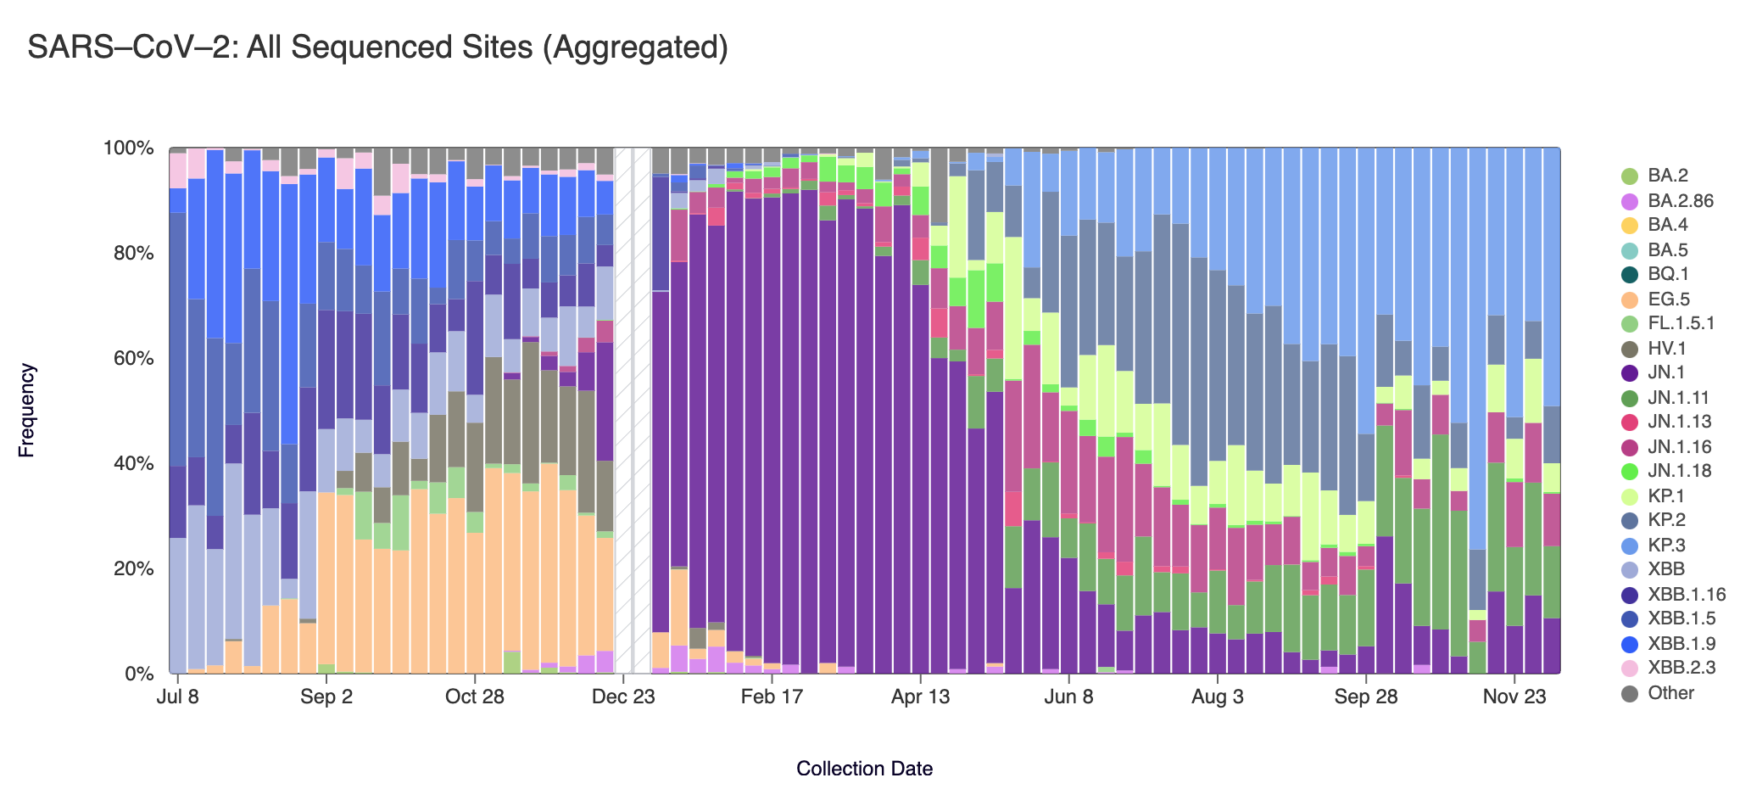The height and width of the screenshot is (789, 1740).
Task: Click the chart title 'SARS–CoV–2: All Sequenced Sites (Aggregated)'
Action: point(377,48)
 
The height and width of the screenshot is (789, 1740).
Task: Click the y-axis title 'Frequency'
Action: point(27,411)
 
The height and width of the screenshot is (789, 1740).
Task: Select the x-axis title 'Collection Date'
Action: point(864,769)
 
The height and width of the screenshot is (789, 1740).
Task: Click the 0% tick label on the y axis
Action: point(137,674)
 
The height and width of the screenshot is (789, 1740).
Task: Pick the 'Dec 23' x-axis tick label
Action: point(623,697)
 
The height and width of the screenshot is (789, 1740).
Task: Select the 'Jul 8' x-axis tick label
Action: point(177,697)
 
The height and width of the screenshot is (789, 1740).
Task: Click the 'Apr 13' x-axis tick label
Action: point(920,697)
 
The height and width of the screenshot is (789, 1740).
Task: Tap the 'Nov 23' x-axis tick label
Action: point(1514,697)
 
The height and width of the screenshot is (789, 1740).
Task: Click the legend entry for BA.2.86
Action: point(1680,201)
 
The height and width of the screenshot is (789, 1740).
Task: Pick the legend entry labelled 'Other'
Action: point(1670,692)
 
